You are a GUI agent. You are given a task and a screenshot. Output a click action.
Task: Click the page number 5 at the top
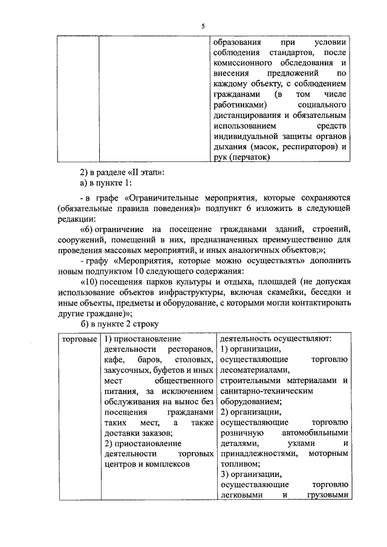[x=203, y=25]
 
